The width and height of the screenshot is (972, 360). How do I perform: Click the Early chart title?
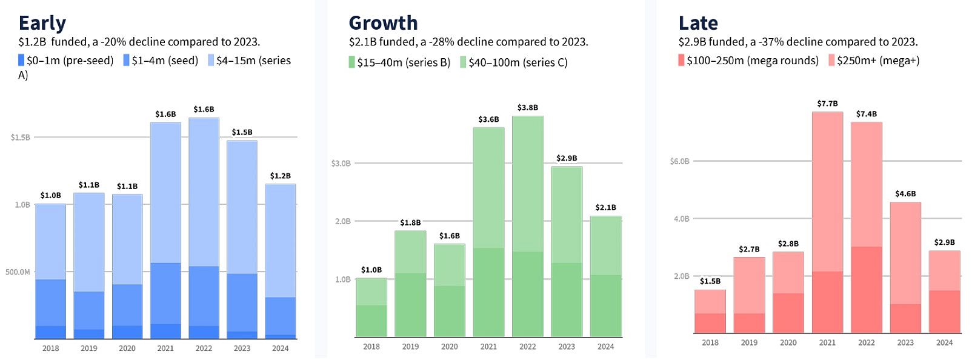(42, 23)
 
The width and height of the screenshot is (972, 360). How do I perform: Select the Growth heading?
(383, 23)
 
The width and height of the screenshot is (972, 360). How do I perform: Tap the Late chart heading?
(698, 23)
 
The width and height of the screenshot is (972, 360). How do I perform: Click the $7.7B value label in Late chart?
(827, 104)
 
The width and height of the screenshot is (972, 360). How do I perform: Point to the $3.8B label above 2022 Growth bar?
(527, 107)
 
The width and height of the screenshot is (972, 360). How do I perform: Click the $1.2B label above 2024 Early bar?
(280, 176)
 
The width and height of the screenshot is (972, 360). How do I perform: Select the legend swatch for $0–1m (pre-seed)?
(21, 61)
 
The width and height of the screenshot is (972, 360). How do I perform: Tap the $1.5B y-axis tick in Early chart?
(20, 138)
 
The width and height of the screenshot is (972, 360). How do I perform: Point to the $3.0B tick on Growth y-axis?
(341, 164)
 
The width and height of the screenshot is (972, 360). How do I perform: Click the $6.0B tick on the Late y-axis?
(679, 161)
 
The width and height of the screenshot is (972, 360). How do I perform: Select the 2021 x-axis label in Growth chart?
(488, 347)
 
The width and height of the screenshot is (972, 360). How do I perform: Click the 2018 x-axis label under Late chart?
(710, 342)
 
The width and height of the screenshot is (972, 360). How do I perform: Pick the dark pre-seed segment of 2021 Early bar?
(165, 331)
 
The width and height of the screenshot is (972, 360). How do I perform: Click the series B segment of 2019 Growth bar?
(410, 305)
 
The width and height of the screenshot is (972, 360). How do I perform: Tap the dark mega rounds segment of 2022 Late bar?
(867, 289)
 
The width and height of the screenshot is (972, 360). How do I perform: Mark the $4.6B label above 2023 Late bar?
(905, 194)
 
